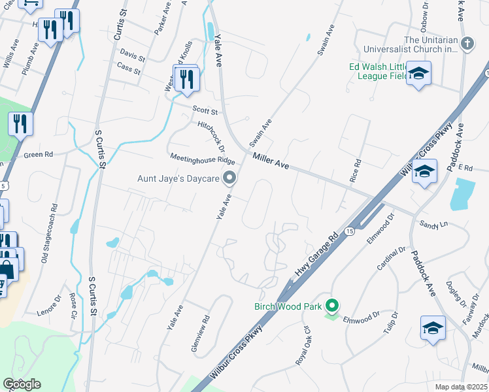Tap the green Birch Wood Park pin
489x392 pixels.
click(333, 306)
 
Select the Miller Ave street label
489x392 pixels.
click(271, 161)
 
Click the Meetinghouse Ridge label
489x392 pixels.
click(202, 159)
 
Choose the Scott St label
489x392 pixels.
click(204, 111)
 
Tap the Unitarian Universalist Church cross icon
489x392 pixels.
click(467, 44)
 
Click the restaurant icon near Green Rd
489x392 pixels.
click(20, 123)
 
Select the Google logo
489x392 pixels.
click(22, 384)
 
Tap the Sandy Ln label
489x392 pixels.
click(434, 223)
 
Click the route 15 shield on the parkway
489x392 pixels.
click(349, 233)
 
